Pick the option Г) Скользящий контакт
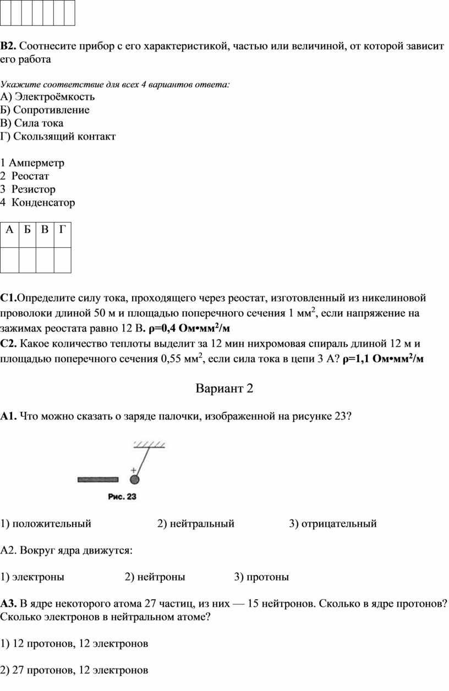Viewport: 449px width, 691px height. pyautogui.click(x=58, y=136)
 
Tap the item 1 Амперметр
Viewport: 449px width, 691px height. pyautogui.click(x=32, y=163)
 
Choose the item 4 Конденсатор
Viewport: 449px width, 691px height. pyautogui.click(x=38, y=202)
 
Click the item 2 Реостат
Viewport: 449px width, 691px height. pyautogui.click(x=25, y=176)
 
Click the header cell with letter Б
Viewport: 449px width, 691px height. pyautogui.click(x=28, y=230)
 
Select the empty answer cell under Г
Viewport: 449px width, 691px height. pyautogui.click(x=62, y=259)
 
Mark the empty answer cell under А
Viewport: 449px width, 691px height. pyautogui.click(x=10, y=259)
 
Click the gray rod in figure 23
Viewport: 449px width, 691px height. pyautogui.click(x=98, y=479)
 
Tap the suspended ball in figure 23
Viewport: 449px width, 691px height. pyautogui.click(x=134, y=479)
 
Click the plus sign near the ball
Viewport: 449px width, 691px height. pyautogui.click(x=133, y=470)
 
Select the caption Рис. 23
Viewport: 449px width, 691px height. pyautogui.click(x=122, y=497)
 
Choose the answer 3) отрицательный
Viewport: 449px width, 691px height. pyautogui.click(x=333, y=523)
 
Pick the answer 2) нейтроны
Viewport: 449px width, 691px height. pyautogui.click(x=155, y=577)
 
